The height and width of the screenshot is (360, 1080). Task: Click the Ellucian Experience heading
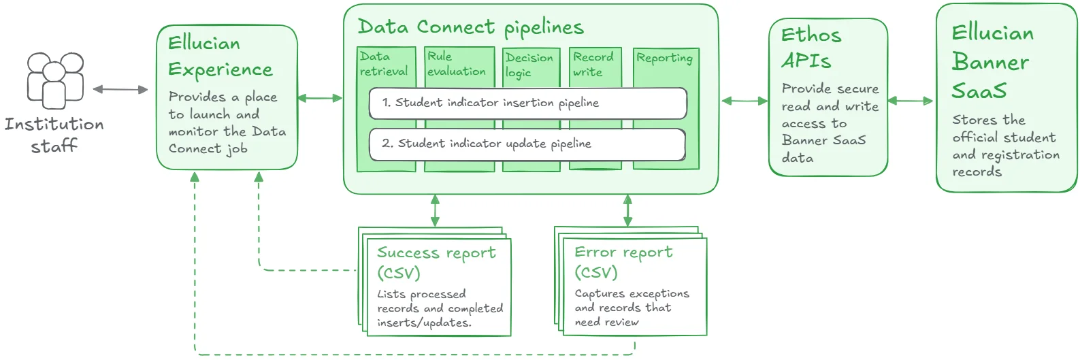pos(220,56)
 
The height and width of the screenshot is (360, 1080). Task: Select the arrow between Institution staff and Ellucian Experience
pos(120,89)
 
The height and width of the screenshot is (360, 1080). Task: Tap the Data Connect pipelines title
pos(470,27)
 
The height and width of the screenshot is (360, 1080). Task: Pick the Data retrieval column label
pos(383,64)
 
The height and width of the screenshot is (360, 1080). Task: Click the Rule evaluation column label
pos(456,64)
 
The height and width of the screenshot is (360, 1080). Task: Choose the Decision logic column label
pos(529,65)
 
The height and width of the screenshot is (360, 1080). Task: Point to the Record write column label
pos(593,65)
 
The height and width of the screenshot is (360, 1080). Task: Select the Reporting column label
pos(664,59)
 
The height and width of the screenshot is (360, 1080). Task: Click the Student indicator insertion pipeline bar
pos(527,103)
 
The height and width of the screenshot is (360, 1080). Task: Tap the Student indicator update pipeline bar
pos(527,144)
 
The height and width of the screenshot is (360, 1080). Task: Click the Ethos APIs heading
pos(811,48)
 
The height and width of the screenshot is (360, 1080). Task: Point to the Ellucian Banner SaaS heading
pos(992,62)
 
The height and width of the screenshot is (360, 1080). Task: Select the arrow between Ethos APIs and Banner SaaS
pos(911,101)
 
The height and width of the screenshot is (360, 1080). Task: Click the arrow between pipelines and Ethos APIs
pos(744,101)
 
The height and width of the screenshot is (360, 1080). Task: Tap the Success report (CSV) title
pos(436,263)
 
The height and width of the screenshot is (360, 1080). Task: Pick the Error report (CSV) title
pos(623,262)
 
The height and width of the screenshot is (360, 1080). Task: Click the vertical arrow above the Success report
pos(435,210)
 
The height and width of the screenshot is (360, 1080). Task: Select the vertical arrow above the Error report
pos(627,210)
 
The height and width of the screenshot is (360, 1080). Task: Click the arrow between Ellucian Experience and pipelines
pos(320,98)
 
